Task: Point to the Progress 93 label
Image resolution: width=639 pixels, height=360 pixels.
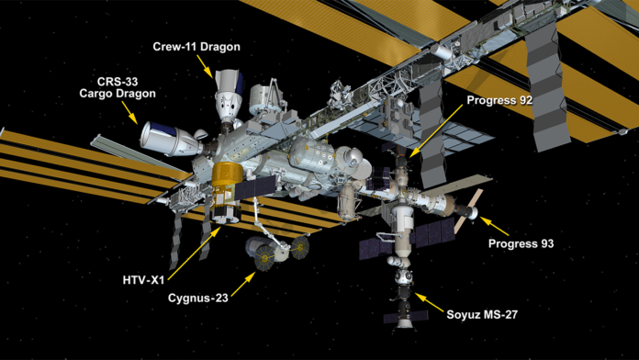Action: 521,244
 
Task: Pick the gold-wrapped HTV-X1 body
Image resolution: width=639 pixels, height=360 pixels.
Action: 225,180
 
